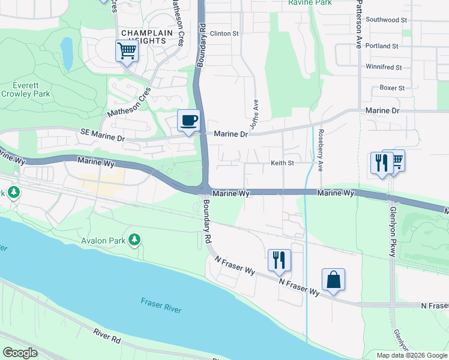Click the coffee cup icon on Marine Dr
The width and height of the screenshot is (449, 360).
(x=188, y=120)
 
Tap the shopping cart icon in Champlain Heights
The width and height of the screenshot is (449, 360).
(x=127, y=51)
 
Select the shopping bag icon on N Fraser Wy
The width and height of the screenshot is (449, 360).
(x=333, y=280)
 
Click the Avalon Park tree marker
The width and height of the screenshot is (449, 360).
(x=136, y=241)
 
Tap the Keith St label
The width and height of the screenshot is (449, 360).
(x=282, y=163)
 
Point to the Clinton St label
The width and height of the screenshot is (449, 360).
(x=224, y=34)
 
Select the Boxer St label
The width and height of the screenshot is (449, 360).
(x=392, y=88)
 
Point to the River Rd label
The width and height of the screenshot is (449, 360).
(x=107, y=336)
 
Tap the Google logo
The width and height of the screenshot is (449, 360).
(x=20, y=353)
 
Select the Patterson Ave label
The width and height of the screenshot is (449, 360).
(x=359, y=24)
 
